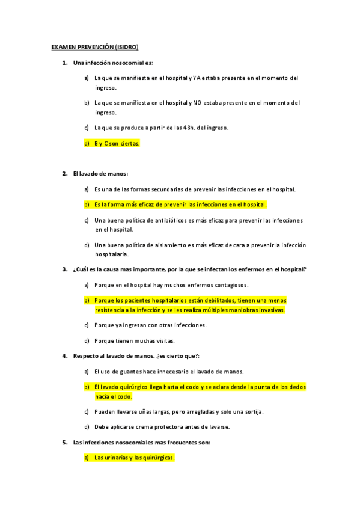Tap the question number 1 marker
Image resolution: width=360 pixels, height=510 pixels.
pyautogui.click(x=64, y=63)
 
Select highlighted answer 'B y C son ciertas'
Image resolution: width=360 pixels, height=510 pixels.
pyautogui.click(x=117, y=143)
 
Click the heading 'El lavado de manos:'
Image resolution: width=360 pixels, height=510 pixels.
pyautogui.click(x=100, y=174)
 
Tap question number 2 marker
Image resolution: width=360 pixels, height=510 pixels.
pyautogui.click(x=64, y=174)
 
